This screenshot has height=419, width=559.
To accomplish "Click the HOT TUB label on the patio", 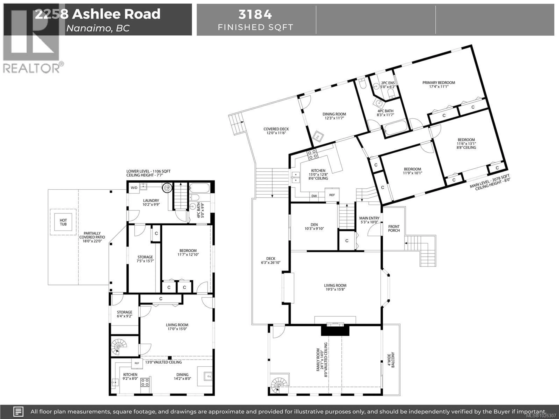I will click(x=63, y=222).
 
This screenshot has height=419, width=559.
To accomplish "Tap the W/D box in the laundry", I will click(x=134, y=188).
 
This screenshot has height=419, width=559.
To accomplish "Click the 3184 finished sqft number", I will click(x=255, y=14).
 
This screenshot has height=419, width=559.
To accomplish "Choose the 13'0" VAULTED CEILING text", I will click(x=163, y=362).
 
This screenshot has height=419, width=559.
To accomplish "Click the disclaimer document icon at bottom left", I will click(x=18, y=411).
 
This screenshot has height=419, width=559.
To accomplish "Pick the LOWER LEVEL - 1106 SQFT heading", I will click(x=148, y=171).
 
